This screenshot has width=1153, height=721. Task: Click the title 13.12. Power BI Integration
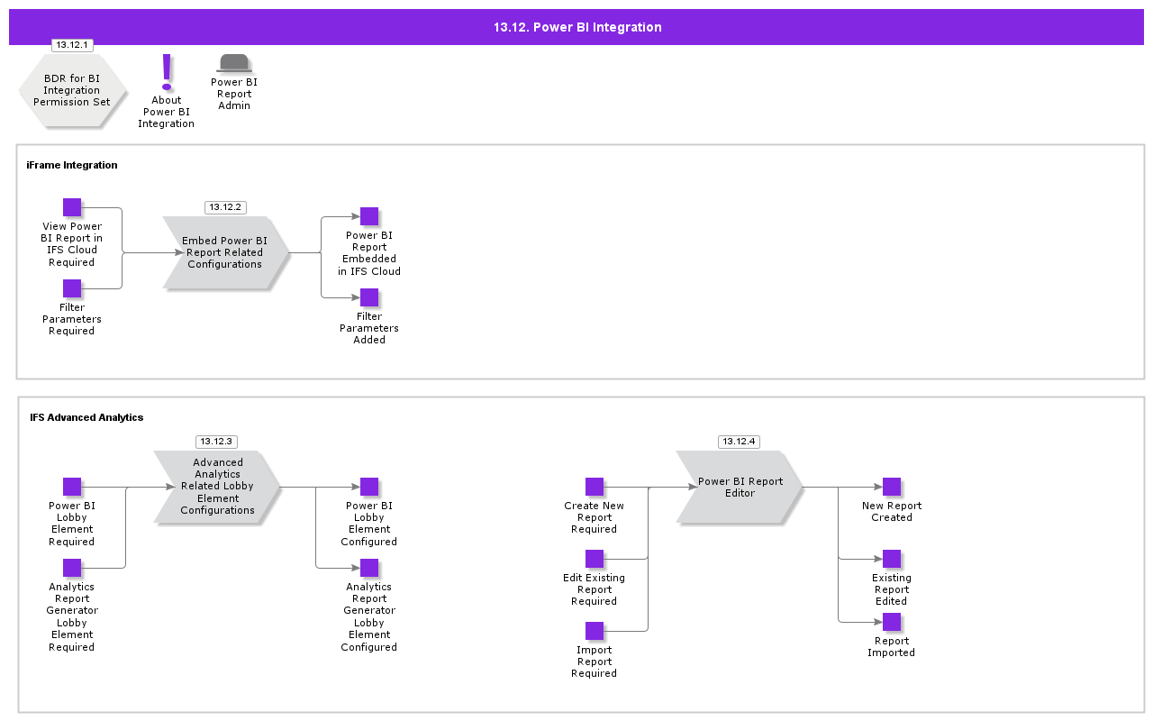576,27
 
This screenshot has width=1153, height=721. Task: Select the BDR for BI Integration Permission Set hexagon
72,90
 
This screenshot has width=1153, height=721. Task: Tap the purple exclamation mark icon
167,72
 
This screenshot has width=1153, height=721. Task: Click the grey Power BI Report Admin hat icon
234,63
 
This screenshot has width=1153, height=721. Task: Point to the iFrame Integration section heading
72,165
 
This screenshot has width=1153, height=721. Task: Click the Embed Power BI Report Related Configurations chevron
225,252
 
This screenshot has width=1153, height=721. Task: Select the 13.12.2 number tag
225,207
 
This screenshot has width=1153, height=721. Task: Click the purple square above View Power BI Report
72,207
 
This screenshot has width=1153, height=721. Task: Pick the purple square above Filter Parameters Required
72,288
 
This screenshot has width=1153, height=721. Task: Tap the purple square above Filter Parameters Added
369,297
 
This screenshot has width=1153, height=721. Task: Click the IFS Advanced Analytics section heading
86,417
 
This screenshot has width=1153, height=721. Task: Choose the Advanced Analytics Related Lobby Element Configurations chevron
217,487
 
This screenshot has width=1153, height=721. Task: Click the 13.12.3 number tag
216,442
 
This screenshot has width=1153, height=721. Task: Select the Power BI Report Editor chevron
740,487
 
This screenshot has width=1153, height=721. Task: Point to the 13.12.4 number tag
739,442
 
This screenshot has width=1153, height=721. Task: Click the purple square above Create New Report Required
595,487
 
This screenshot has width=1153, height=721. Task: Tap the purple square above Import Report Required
595,631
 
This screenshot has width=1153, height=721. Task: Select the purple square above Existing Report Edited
892,559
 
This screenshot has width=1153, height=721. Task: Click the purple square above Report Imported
892,622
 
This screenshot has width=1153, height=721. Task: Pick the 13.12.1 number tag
72,45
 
